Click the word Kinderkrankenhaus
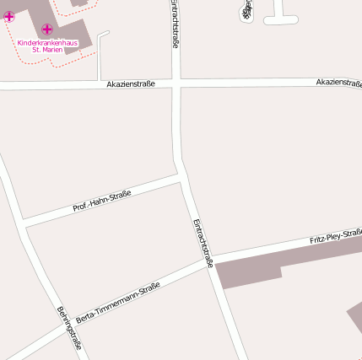tap(52, 41)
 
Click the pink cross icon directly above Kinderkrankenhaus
tap(47, 30)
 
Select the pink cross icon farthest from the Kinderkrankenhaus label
tap(8, 16)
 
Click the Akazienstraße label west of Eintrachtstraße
tap(131, 84)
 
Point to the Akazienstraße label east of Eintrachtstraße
tap(338, 82)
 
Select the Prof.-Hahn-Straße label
tap(101, 201)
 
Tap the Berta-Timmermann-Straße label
tap(118, 304)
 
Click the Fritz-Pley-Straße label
tap(335, 235)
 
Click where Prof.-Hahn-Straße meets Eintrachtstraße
tap(181, 179)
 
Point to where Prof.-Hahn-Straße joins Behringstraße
tap(23, 223)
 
